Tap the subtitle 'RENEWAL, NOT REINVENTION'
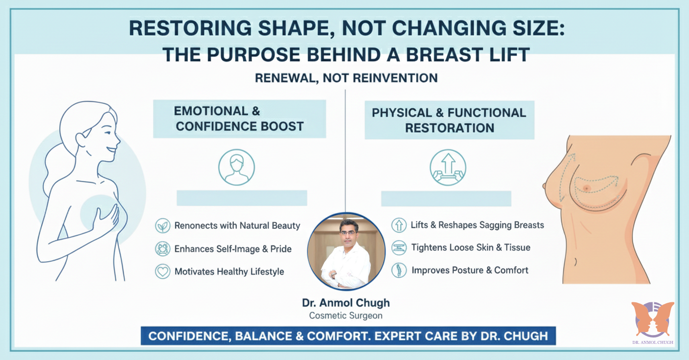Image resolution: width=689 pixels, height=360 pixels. tap(346, 78)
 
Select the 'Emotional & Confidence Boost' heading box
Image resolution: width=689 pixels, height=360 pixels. tap(239, 119)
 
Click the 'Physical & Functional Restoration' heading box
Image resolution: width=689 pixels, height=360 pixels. tap(449, 120)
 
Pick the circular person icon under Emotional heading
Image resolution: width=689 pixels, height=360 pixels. tap(236, 167)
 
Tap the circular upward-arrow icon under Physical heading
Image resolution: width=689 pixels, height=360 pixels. tap(448, 167)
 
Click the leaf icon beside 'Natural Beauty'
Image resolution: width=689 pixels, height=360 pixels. tap(162, 226)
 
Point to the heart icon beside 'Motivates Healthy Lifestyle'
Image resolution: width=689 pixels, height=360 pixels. tap(162, 271)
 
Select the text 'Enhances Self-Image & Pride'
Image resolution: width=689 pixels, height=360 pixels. tap(233, 249)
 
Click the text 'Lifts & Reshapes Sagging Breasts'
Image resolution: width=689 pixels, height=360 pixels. tap(477, 225)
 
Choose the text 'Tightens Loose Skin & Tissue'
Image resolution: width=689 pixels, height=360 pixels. tap(471, 247)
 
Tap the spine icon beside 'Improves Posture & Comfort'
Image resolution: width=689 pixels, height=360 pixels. tap(399, 270)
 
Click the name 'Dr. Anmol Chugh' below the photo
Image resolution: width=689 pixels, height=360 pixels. tap(346, 303)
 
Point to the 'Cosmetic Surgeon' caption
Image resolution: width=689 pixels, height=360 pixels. tap(346, 316)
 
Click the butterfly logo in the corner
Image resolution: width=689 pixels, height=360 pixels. tap(652, 319)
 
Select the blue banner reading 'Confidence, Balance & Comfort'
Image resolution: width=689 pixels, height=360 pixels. tap(348, 337)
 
